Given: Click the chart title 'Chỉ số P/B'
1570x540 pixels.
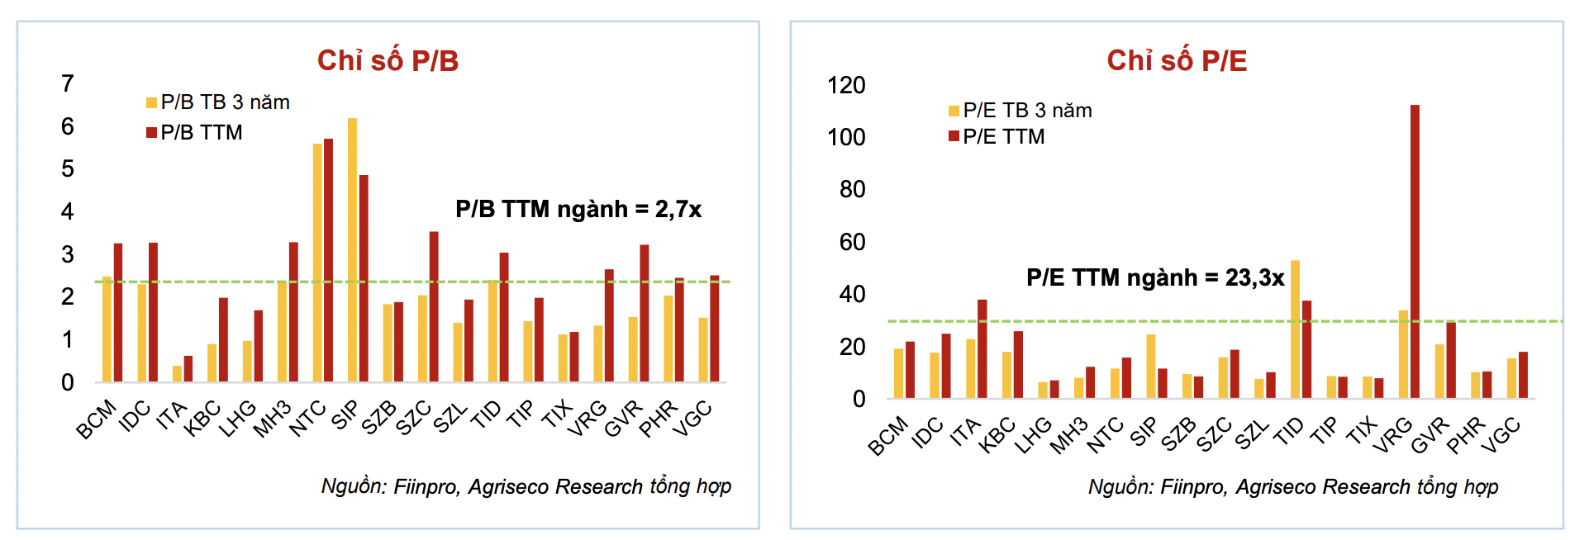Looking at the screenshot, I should (388, 61).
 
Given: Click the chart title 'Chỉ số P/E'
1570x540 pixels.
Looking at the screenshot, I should (1177, 61).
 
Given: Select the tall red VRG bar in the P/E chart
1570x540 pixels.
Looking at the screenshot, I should (1415, 251).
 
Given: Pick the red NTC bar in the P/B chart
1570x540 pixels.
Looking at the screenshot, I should (329, 260).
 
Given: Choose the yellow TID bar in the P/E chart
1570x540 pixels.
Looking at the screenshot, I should (1295, 329).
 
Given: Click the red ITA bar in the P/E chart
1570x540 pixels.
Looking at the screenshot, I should (982, 348).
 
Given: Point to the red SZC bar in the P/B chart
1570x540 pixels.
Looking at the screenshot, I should (434, 306).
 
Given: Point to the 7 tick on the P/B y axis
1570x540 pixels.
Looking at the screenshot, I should (68, 83).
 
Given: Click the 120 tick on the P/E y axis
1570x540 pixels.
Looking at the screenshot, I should (846, 85).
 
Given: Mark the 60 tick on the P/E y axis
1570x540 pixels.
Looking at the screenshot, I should (852, 242).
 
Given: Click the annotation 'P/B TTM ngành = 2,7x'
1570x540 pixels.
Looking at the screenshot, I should (578, 210).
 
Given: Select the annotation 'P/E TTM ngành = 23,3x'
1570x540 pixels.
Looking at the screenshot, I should (1155, 277).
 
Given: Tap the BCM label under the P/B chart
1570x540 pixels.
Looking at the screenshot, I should (96, 419).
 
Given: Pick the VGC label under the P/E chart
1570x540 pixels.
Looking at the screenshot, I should (1501, 435).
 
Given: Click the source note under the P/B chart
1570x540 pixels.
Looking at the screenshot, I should (526, 486).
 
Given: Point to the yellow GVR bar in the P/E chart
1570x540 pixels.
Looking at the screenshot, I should (1439, 371).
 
